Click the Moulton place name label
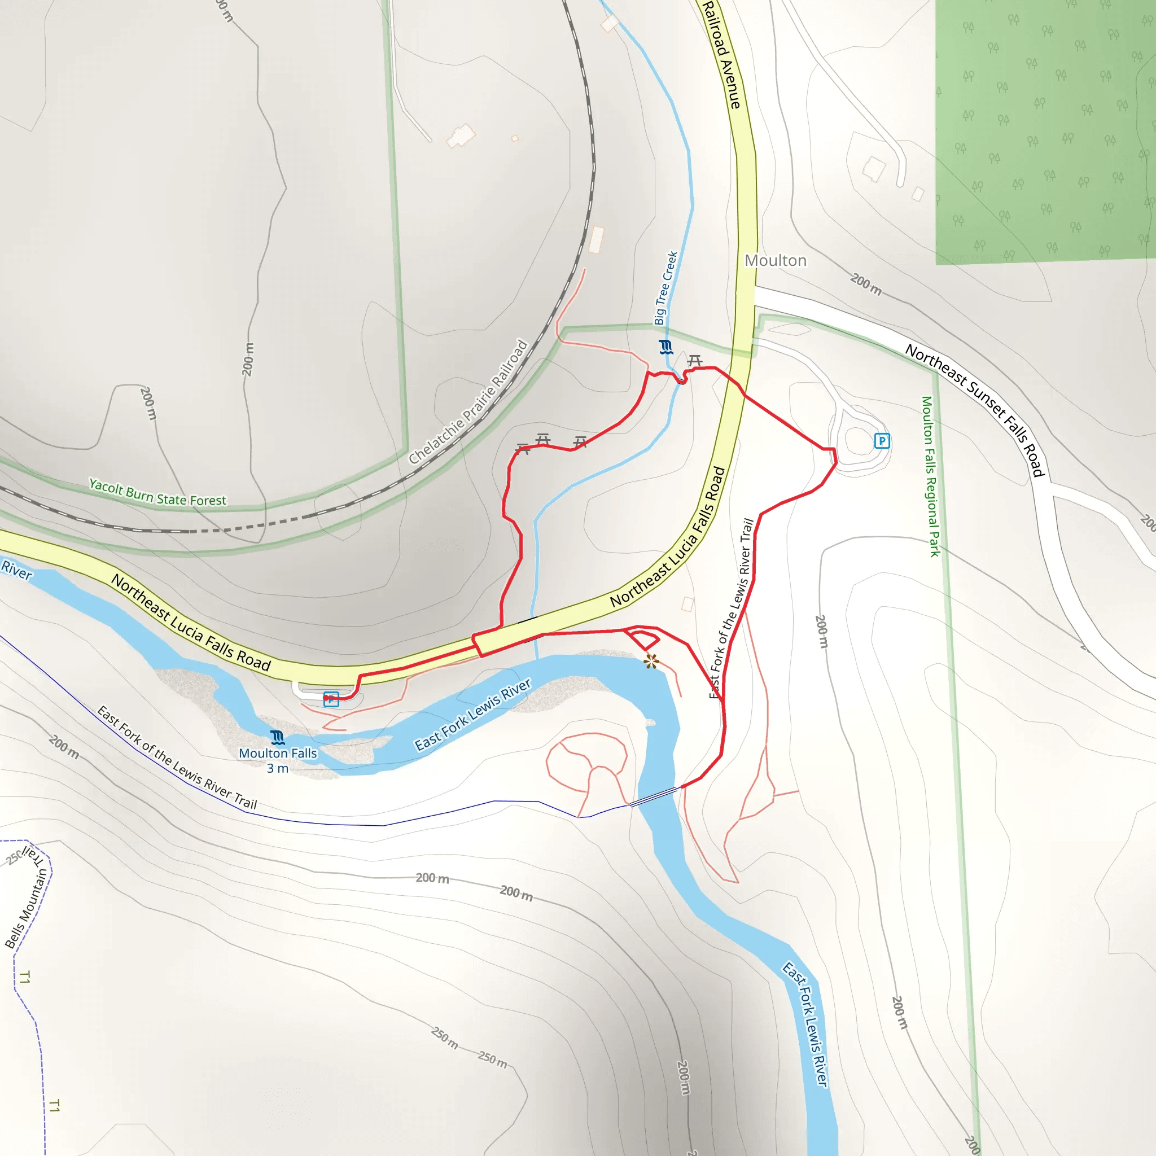pyautogui.click(x=776, y=261)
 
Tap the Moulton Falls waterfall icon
pyautogui.click(x=278, y=737)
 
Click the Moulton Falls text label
pyautogui.click(x=278, y=754)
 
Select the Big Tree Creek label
pyautogui.click(x=665, y=288)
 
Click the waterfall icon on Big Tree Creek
pyautogui.click(x=666, y=347)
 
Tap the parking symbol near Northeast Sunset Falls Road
pyautogui.click(x=882, y=441)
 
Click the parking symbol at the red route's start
pyautogui.click(x=331, y=699)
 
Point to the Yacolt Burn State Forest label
pyautogui.click(x=157, y=492)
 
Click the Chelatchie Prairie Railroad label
pyautogui.click(x=468, y=402)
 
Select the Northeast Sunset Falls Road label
pyautogui.click(x=975, y=410)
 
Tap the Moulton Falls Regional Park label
pyautogui.click(x=930, y=476)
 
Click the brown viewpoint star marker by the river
pyautogui.click(x=651, y=661)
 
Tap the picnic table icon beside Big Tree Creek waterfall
pyautogui.click(x=695, y=361)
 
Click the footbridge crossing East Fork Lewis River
pyautogui.click(x=655, y=797)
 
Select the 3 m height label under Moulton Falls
pyautogui.click(x=278, y=769)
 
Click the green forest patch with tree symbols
pyautogui.click(x=1044, y=132)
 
